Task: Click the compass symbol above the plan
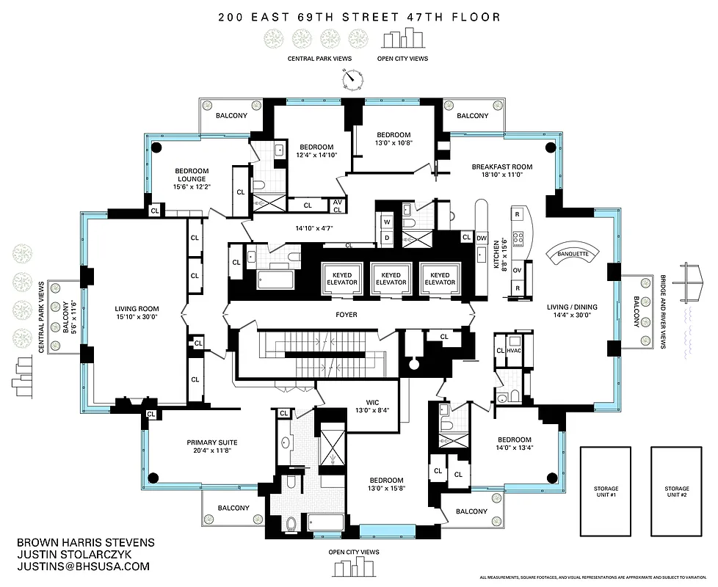click(x=353, y=78)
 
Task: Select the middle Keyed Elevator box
click(x=391, y=278)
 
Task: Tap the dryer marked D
click(x=387, y=237)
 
